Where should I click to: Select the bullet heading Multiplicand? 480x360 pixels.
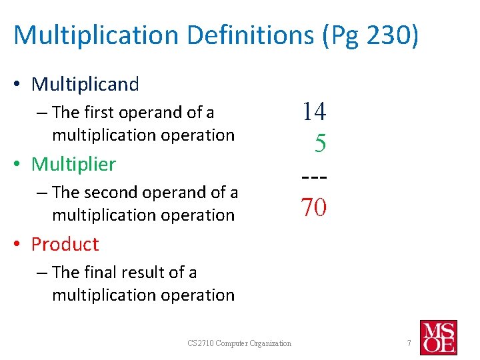[85, 84]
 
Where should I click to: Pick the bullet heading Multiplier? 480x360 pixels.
[73, 164]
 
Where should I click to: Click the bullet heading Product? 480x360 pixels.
[65, 244]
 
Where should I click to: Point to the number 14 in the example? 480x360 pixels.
[314, 111]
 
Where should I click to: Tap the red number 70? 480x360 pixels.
[313, 208]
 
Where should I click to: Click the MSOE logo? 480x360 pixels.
[438, 337]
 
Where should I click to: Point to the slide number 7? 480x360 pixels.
[409, 343]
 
